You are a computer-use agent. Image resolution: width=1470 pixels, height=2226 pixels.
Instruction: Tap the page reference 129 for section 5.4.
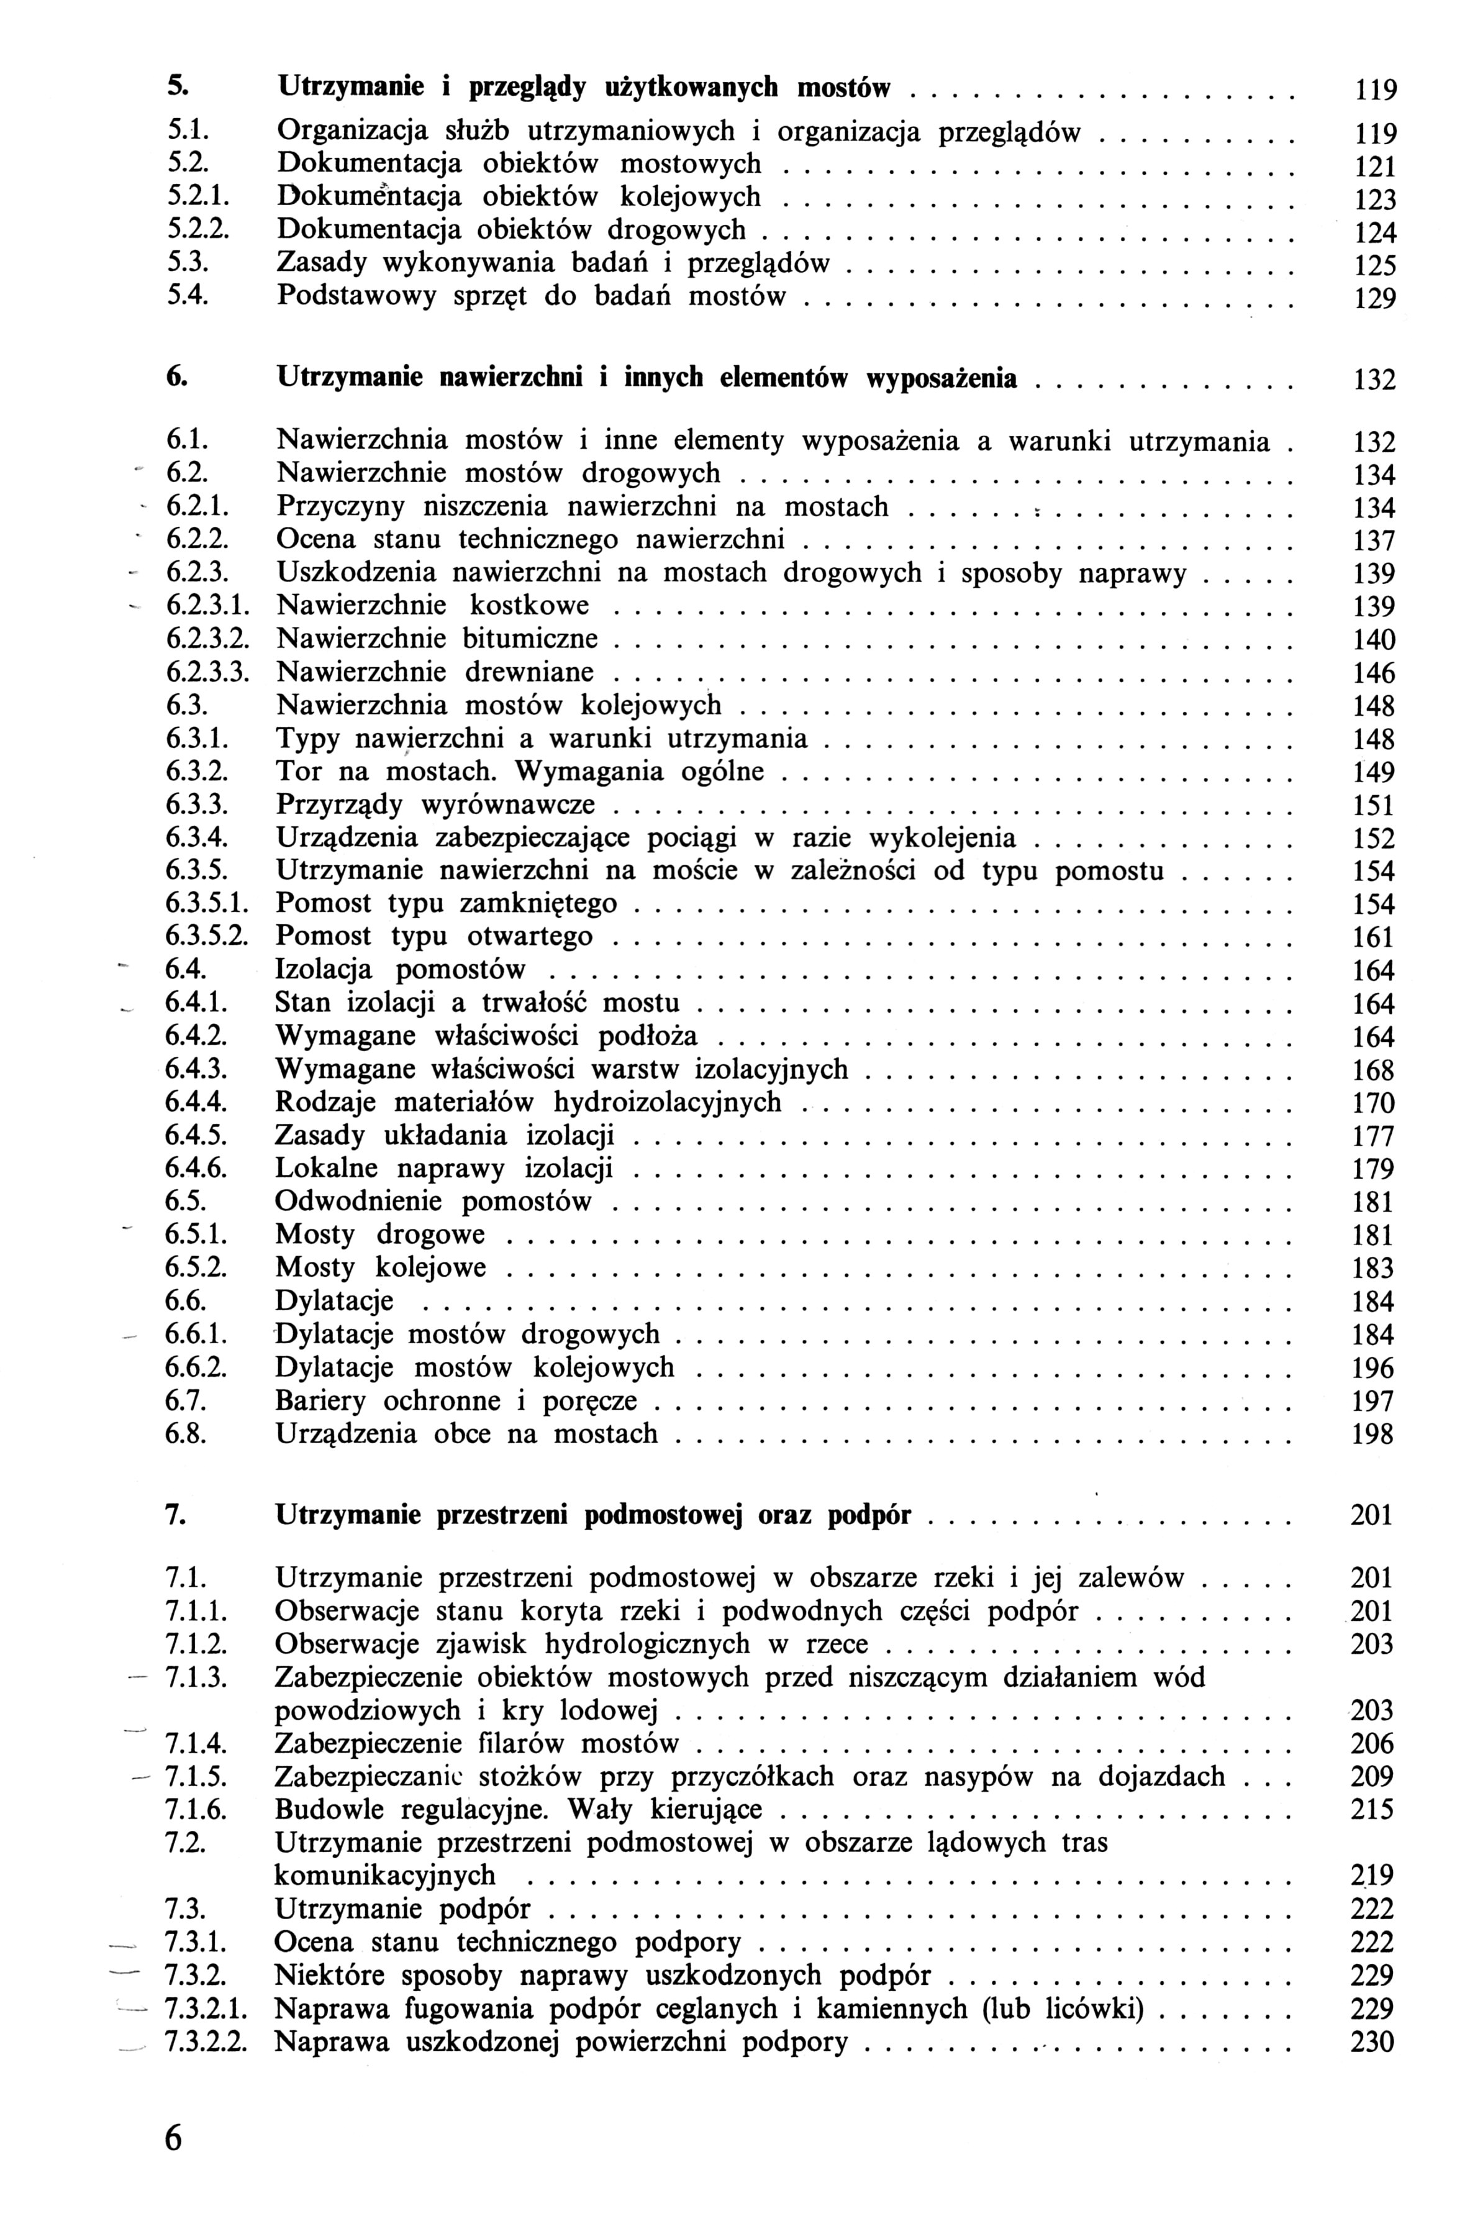pyautogui.click(x=1376, y=300)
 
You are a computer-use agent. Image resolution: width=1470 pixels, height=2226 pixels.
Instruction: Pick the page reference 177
pyautogui.click(x=1374, y=1136)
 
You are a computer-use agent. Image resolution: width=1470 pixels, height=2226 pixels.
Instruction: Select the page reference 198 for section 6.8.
pyautogui.click(x=1374, y=1434)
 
